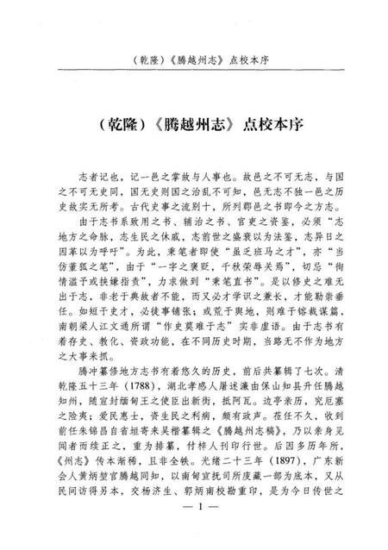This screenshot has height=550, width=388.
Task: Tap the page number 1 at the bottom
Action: (194, 528)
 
